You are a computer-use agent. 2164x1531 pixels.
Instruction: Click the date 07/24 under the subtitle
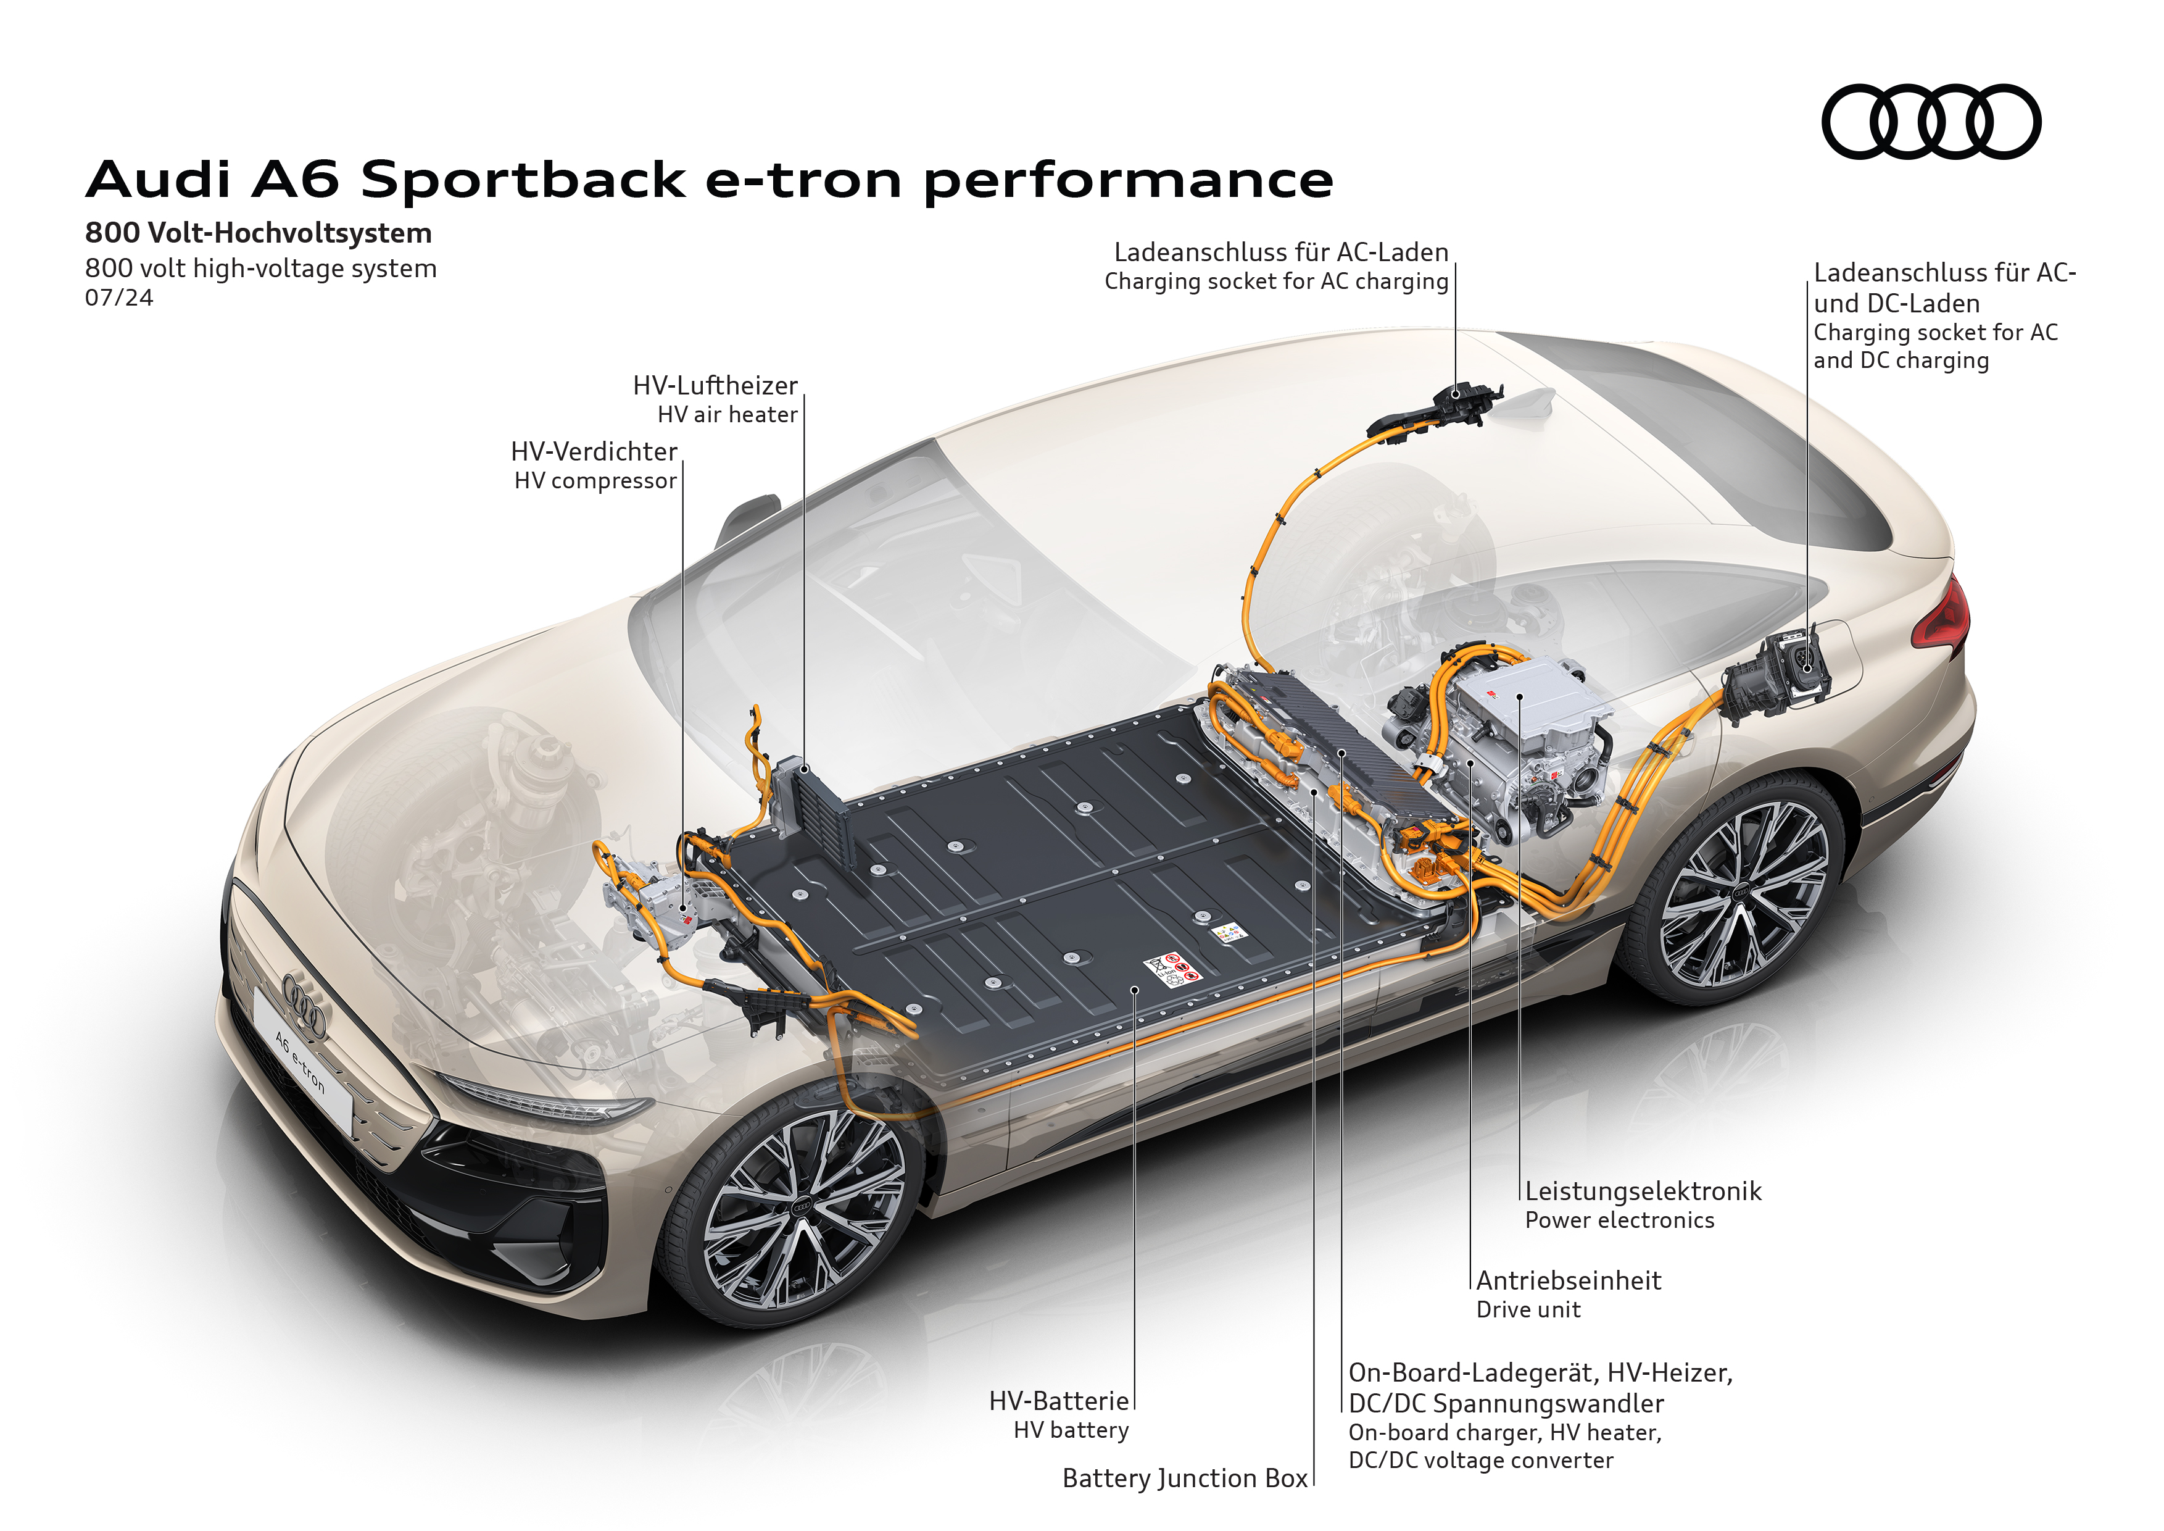point(118,298)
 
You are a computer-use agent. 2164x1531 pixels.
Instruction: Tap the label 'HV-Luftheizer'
point(715,386)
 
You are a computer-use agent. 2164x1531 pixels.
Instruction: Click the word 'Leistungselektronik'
point(1643,1191)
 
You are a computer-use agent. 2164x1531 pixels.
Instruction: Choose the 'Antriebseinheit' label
point(1569,1280)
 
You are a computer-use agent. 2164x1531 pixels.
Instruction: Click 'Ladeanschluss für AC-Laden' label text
point(1281,252)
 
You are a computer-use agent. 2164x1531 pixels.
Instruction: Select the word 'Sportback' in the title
point(523,179)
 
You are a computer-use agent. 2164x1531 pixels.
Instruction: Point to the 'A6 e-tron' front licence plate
point(302,1066)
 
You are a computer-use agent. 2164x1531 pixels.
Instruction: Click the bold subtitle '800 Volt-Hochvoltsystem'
point(259,233)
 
